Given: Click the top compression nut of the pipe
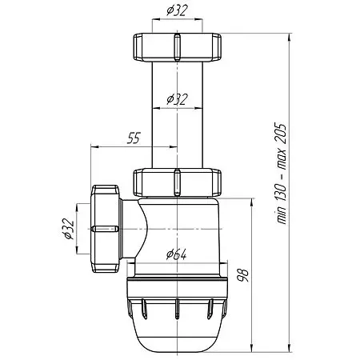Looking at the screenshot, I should pos(176,50).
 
